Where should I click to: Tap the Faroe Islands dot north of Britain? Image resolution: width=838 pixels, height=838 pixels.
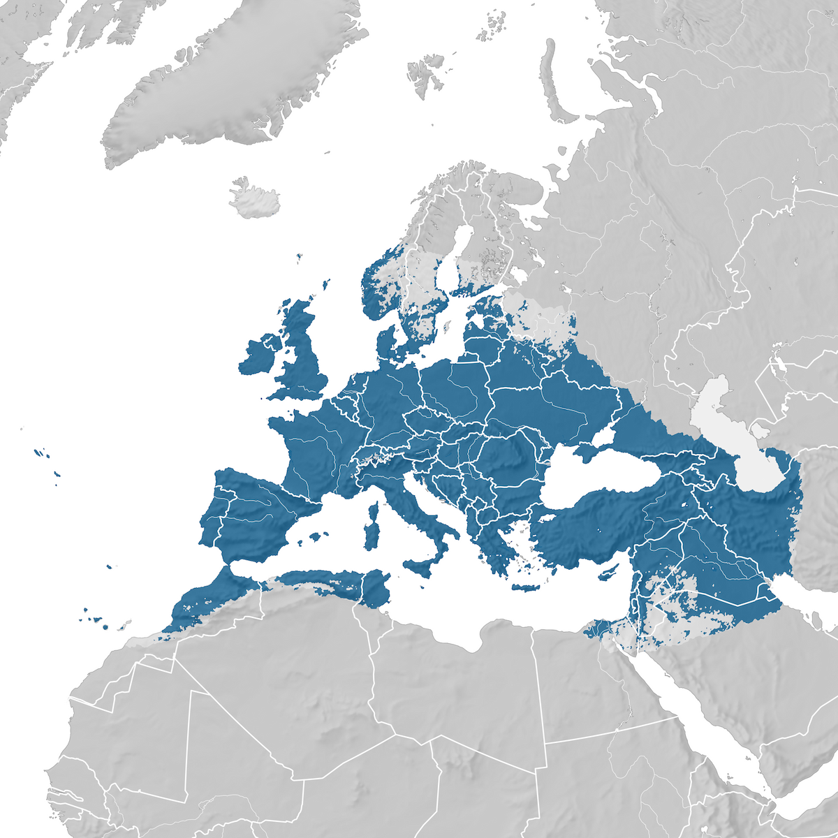pos(299,258)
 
